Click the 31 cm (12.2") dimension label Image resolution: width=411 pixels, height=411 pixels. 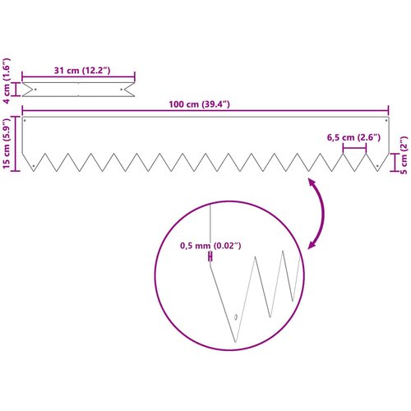82,71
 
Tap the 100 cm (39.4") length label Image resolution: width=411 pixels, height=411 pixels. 199,104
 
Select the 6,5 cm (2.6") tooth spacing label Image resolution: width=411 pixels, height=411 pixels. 353,137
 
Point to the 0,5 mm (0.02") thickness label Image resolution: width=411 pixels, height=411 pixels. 210,246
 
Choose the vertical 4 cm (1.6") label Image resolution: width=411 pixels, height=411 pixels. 7,81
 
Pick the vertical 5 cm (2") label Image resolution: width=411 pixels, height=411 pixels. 404,155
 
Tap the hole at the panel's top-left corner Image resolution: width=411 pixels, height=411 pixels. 25,120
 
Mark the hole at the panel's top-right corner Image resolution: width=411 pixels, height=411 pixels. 386,120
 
